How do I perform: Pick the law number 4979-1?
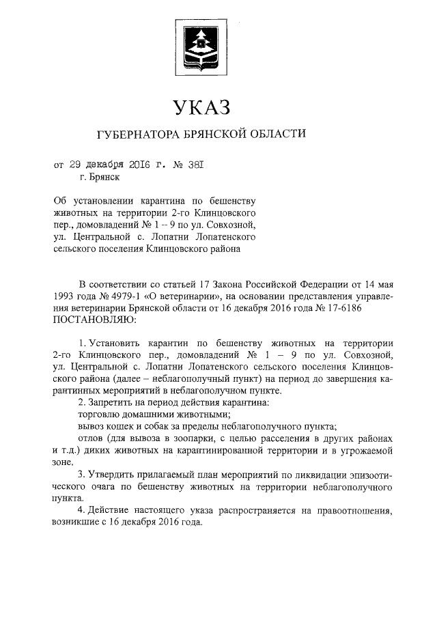point(119,296)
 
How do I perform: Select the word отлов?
point(91,438)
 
